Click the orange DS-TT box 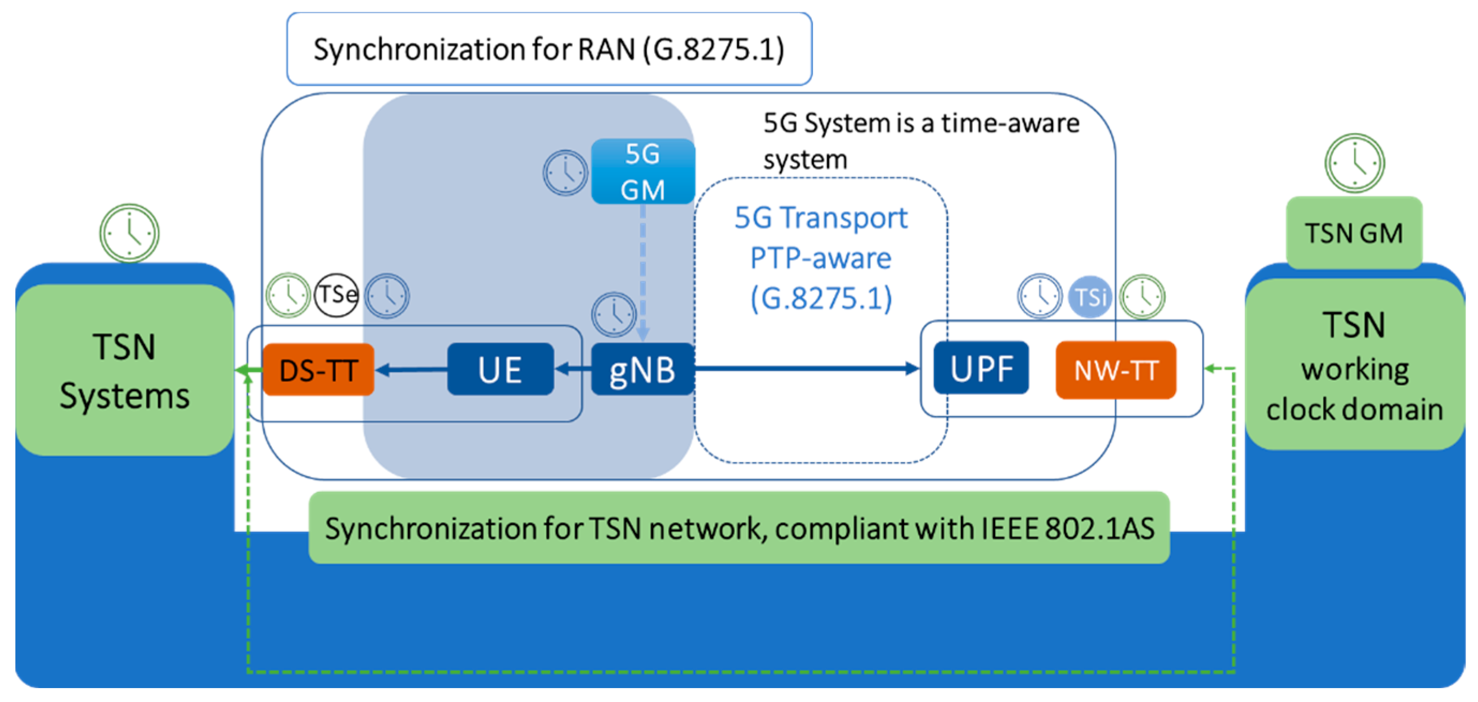pos(318,370)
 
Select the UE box pos(501,370)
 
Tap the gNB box pos(642,370)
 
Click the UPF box pos(981,368)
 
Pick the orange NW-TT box pos(1115,370)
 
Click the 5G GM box pos(643,171)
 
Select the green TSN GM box pos(1354,233)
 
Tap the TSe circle pos(337,296)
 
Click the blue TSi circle pos(1089,297)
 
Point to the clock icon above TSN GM pos(1354,163)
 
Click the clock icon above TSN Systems pos(130,233)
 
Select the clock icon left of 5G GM pos(565,172)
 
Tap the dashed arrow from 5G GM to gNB pos(643,269)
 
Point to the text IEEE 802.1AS pos(1067,528)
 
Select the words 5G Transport pos(820,218)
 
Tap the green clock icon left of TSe pos(288,296)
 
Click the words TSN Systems pos(124,371)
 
